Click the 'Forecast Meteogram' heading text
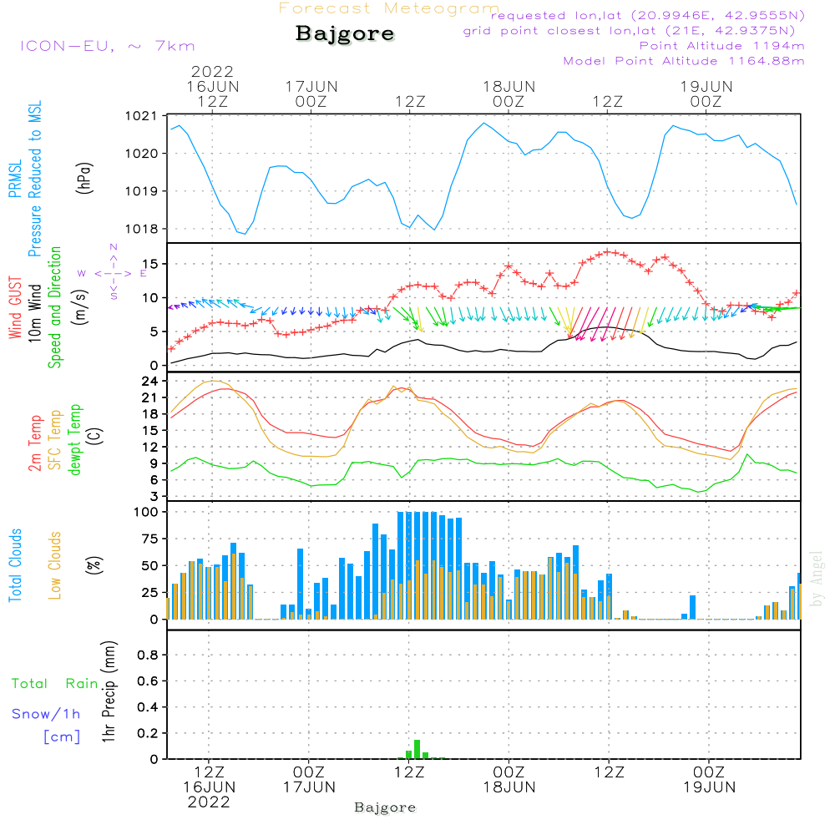tap(389, 8)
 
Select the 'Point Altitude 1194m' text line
tap(721, 46)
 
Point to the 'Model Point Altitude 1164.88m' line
tap(684, 61)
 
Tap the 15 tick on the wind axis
tap(151, 264)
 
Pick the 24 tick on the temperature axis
tap(151, 381)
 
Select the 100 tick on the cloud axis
tap(147, 511)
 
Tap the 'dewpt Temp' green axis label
tap(76, 439)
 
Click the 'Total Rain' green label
tap(55, 684)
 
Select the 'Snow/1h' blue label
tap(46, 715)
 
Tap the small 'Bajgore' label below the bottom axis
tap(385, 807)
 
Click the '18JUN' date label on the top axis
tap(509, 86)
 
